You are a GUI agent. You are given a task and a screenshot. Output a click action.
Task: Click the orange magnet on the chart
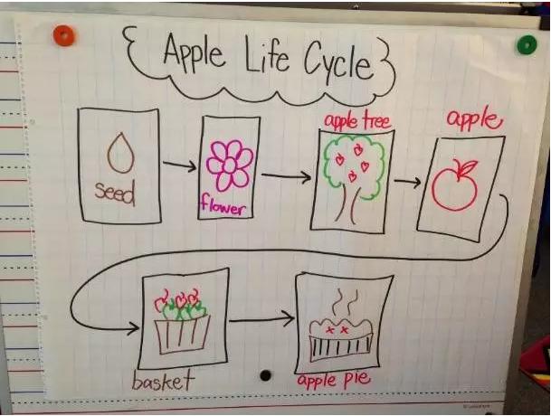(x=63, y=36)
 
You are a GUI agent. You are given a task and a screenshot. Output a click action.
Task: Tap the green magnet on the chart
(x=526, y=44)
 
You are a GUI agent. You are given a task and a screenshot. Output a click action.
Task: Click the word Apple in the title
(x=193, y=53)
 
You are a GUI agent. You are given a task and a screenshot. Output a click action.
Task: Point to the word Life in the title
(x=265, y=58)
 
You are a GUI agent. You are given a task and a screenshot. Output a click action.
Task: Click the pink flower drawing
(x=229, y=164)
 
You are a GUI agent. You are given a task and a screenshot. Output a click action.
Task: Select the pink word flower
(x=223, y=208)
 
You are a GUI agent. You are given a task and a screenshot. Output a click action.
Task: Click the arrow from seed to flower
(x=179, y=165)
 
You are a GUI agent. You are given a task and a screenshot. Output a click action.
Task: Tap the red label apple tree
(x=351, y=120)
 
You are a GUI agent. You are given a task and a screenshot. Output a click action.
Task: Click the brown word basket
(x=164, y=381)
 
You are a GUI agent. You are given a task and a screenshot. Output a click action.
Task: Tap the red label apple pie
(x=335, y=381)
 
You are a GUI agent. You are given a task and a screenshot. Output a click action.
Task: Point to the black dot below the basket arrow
(x=265, y=374)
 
